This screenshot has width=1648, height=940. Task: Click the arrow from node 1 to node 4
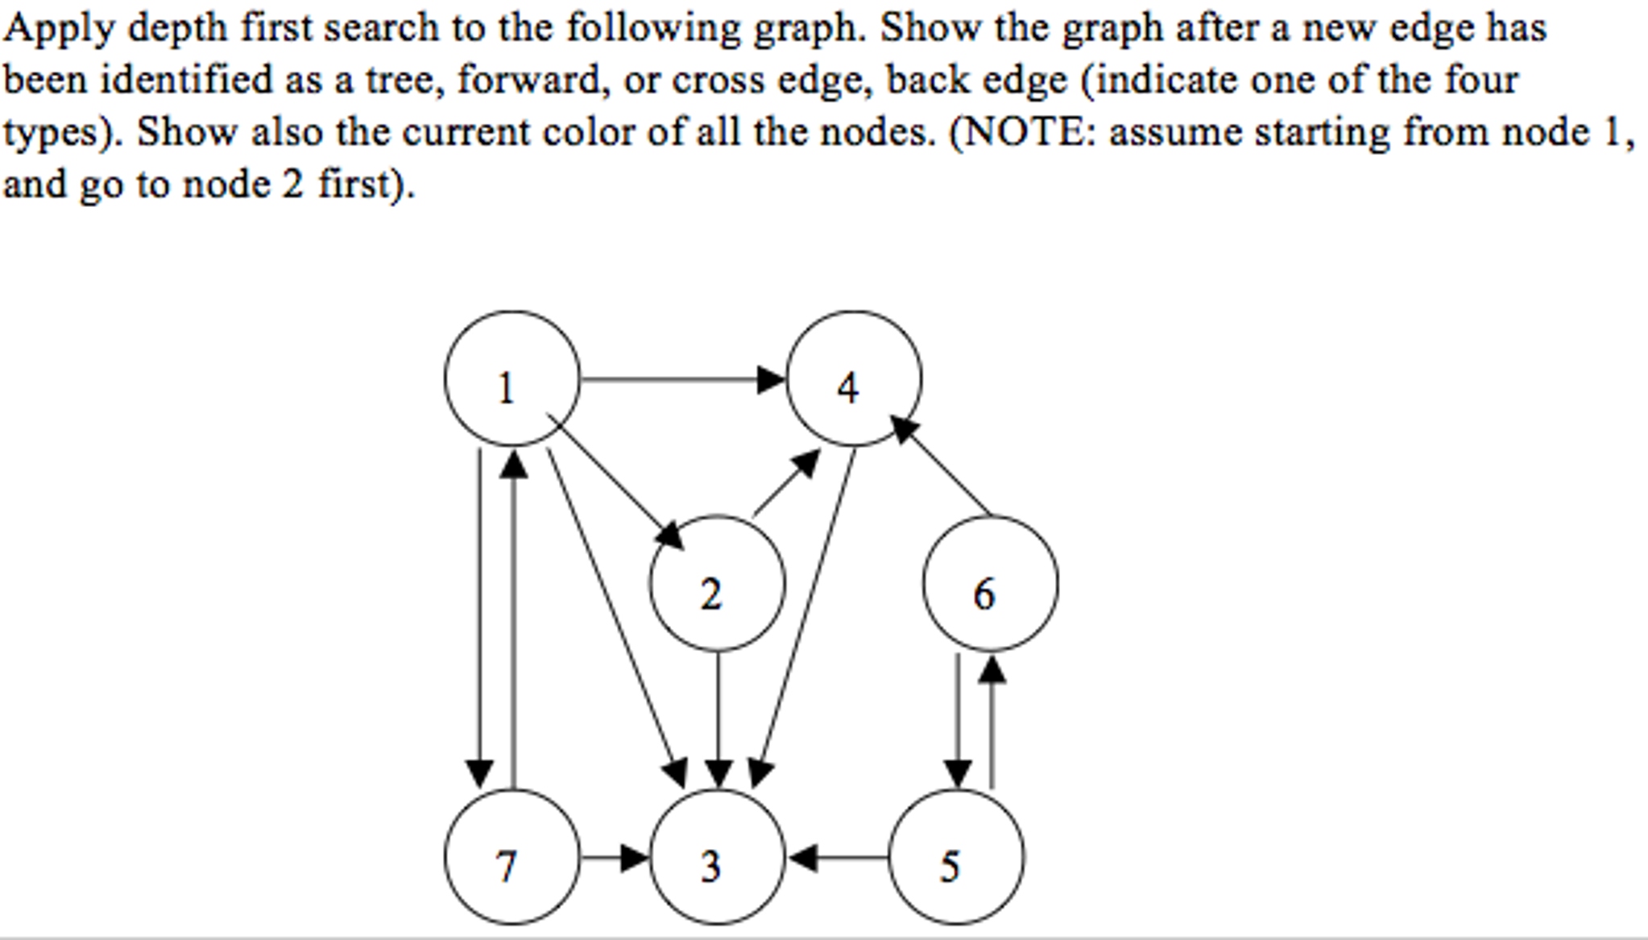683,379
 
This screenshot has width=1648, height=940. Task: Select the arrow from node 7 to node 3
615,857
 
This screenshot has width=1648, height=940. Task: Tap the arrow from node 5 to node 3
838,857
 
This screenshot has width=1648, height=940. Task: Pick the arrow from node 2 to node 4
787,483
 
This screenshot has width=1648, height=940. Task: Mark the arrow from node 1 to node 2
615,482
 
